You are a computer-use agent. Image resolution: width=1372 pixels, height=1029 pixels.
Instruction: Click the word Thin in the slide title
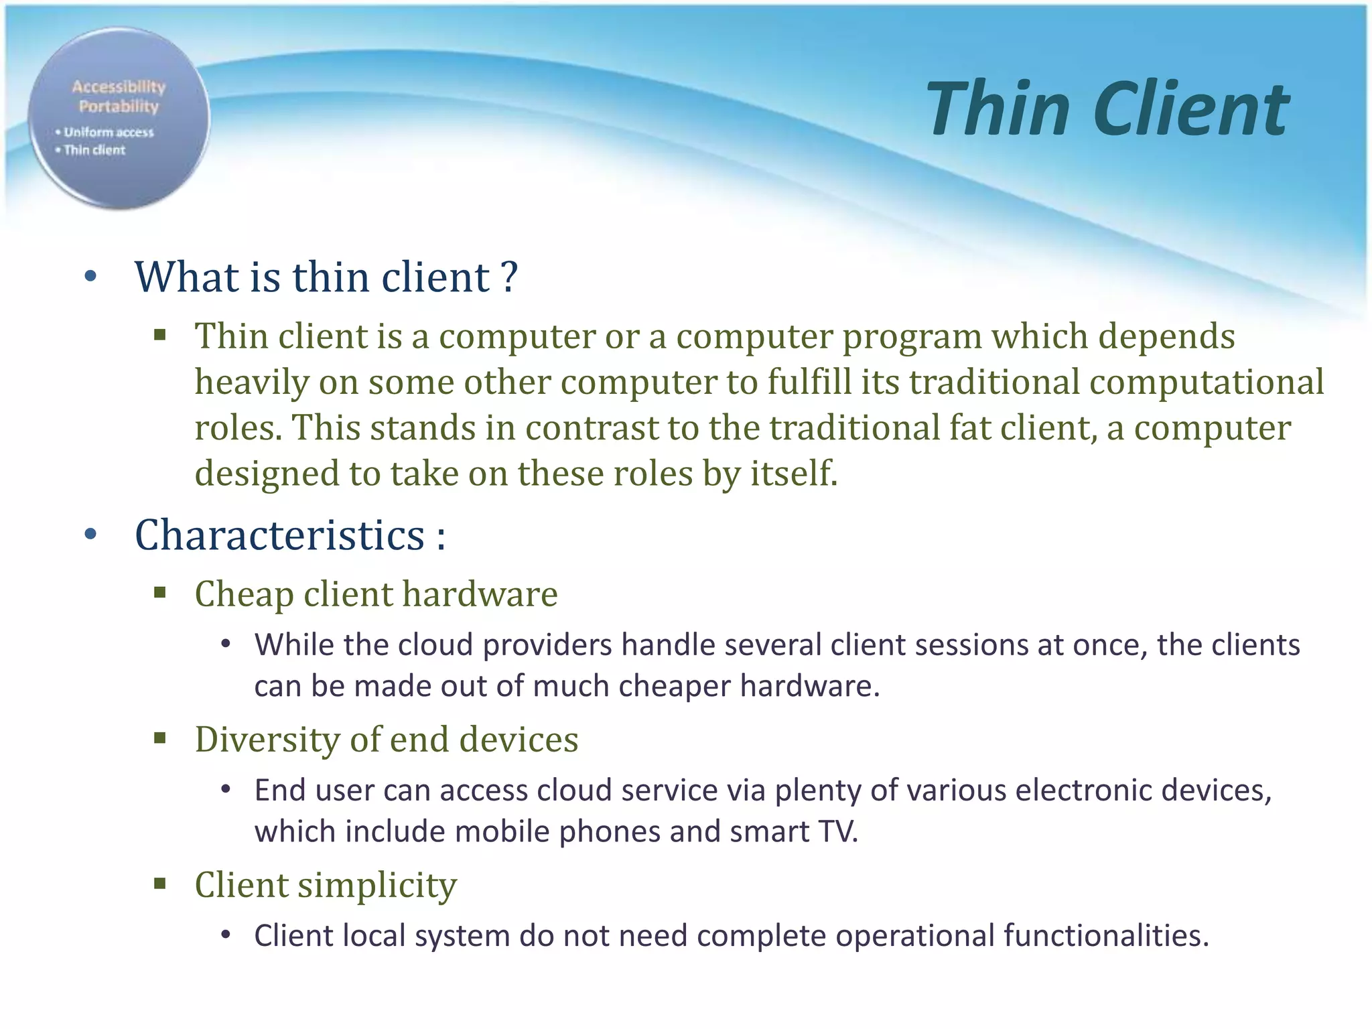998,109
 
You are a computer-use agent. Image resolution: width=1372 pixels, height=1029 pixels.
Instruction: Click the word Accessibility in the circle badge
119,86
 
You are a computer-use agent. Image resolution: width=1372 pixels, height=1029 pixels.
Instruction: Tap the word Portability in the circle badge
119,107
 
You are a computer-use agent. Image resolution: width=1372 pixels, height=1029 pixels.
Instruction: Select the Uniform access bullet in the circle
108,133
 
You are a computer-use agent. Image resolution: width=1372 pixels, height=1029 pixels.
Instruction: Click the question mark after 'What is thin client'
509,277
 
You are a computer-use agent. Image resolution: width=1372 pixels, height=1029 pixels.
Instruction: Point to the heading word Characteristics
279,535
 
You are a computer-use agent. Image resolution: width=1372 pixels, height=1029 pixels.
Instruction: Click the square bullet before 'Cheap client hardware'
159,592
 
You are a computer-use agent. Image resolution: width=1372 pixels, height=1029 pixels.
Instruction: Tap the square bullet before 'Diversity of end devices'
159,738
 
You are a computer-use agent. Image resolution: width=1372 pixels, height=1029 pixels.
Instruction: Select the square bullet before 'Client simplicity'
159,884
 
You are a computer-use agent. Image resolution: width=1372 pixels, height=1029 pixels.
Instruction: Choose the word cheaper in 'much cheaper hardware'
674,687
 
